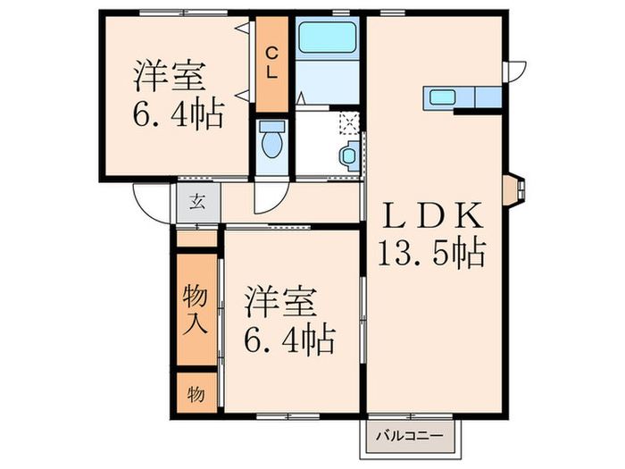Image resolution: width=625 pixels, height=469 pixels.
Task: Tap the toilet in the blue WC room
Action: point(271,141)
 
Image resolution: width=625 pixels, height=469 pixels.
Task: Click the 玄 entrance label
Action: point(197,201)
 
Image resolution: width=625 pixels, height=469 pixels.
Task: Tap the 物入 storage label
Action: point(196,309)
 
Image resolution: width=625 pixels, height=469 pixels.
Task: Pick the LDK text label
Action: point(435,215)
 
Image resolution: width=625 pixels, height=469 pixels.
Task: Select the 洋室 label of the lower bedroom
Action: point(282,301)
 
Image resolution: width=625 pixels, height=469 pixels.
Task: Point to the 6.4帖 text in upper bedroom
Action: point(178,116)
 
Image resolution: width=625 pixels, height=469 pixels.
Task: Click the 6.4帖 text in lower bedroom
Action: point(291,339)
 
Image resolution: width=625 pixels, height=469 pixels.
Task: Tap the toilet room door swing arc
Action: point(268,197)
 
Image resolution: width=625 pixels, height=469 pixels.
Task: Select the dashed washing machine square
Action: point(349,124)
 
